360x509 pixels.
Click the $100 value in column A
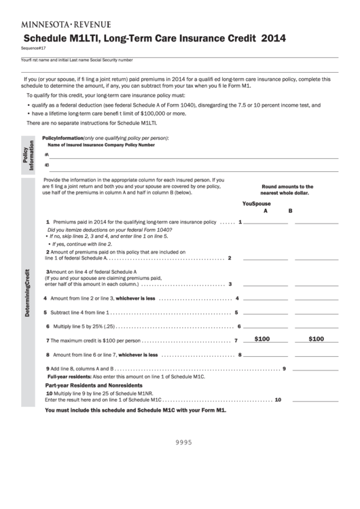coord(262,338)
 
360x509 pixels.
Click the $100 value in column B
coord(316,338)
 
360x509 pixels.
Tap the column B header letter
coord(290,211)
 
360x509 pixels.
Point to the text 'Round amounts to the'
coord(287,186)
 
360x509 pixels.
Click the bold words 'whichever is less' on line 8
coord(139,355)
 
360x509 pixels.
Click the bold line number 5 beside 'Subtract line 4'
coord(46,313)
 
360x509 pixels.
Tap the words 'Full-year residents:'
coord(69,376)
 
